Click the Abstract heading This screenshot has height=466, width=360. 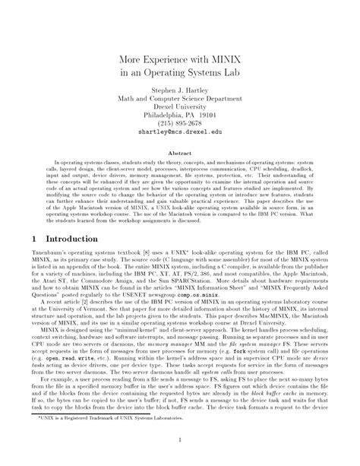tap(179, 153)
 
